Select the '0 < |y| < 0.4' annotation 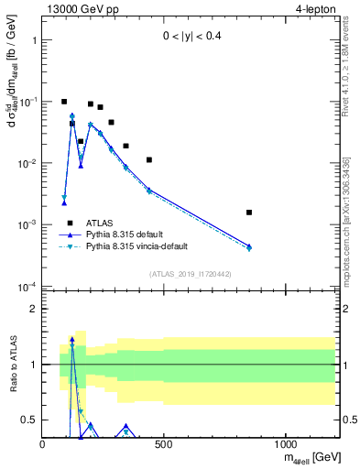click(188, 37)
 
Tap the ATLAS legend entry click(101, 223)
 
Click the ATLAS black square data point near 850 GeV click(249, 213)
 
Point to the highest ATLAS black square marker click(64, 102)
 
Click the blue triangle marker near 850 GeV click(249, 245)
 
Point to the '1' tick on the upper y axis click(33, 40)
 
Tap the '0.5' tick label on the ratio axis click(29, 420)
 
